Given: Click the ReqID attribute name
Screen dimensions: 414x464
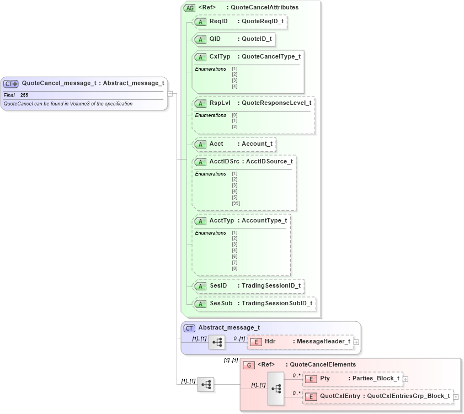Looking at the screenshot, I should [218, 22].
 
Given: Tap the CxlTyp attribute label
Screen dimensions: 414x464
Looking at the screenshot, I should [220, 57].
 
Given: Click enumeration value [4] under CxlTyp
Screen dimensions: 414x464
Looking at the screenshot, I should [234, 86].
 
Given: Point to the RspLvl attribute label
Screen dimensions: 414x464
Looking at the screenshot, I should [220, 103].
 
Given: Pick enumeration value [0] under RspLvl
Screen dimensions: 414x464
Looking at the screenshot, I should [234, 115].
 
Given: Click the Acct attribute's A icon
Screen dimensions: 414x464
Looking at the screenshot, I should [201, 144].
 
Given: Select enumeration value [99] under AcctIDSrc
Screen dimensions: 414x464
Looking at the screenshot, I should [236, 203].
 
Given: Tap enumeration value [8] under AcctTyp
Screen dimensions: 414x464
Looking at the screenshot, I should [234, 268].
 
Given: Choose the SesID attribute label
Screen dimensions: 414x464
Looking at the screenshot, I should [218, 286].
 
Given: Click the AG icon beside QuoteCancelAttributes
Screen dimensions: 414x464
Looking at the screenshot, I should [190, 8].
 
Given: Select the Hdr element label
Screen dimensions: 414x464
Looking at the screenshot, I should [270, 341].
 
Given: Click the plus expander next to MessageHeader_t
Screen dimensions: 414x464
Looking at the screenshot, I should [356, 342].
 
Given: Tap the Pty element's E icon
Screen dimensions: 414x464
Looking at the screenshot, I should [311, 379].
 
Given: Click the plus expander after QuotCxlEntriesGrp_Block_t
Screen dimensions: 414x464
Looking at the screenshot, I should [456, 397].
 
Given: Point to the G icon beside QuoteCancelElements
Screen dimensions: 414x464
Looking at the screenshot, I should [249, 365].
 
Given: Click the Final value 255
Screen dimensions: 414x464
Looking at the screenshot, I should [24, 95].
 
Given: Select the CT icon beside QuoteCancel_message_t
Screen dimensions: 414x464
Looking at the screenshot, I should [11, 83].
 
